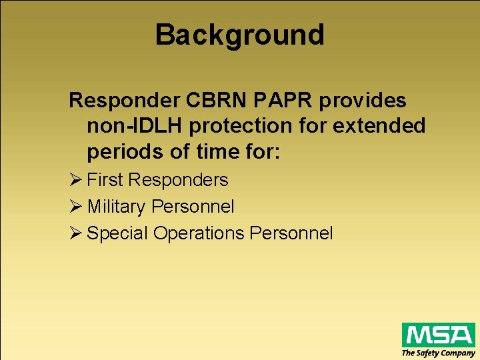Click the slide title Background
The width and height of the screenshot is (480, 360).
pos(239,35)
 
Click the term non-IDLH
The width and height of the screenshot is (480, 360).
pos(129,126)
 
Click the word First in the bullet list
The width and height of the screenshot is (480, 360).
pos(105,180)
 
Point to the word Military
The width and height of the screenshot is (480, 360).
pos(117,207)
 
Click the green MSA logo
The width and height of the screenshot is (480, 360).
pos(438,334)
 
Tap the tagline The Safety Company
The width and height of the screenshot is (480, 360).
pos(438,353)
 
